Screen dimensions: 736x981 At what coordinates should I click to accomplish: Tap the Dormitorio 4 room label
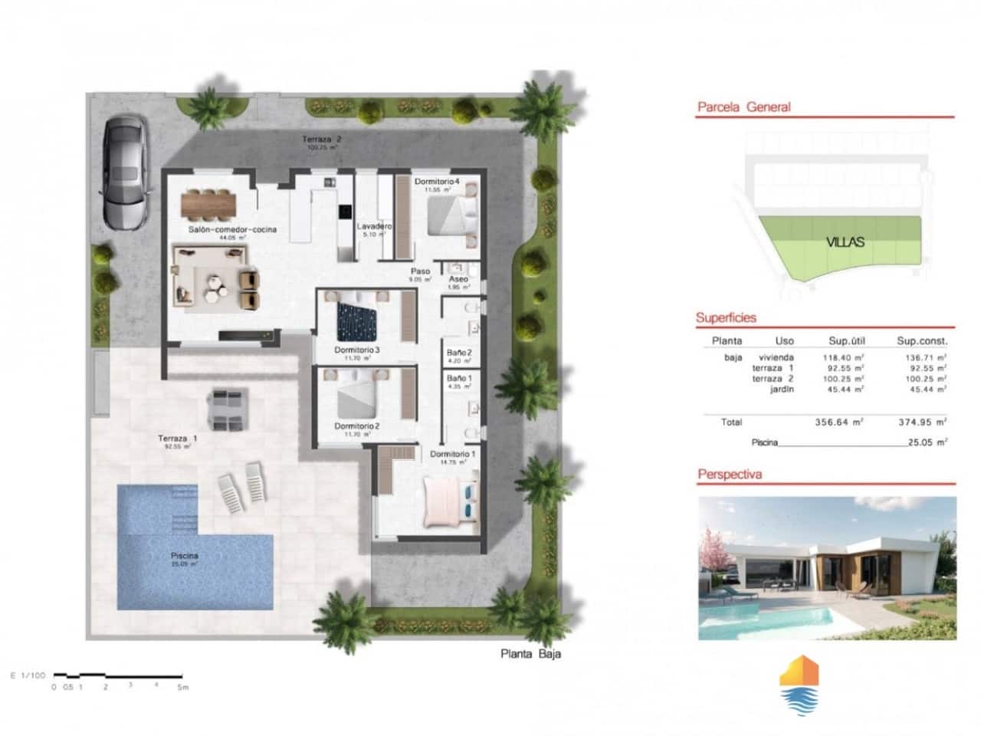tap(437, 182)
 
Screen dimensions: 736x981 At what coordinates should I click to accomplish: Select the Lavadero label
tap(375, 227)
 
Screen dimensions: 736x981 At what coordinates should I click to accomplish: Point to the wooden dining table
tap(208, 204)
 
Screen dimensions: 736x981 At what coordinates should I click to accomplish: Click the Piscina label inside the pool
tap(185, 556)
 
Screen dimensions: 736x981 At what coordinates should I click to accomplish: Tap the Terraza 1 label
tap(178, 439)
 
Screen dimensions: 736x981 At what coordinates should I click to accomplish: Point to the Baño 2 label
tap(459, 353)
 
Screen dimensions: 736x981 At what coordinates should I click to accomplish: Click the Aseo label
tap(458, 280)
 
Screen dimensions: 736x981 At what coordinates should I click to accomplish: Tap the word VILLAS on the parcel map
tap(845, 242)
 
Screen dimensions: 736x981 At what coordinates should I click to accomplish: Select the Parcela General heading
tap(743, 107)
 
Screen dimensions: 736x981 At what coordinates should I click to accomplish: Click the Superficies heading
tap(726, 317)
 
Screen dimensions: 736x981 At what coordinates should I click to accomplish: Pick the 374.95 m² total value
tap(922, 422)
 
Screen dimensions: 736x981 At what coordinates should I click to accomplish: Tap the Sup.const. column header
tap(922, 341)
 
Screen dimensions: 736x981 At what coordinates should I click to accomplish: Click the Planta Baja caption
tap(530, 654)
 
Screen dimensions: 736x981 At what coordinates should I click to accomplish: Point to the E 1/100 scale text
tap(28, 675)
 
